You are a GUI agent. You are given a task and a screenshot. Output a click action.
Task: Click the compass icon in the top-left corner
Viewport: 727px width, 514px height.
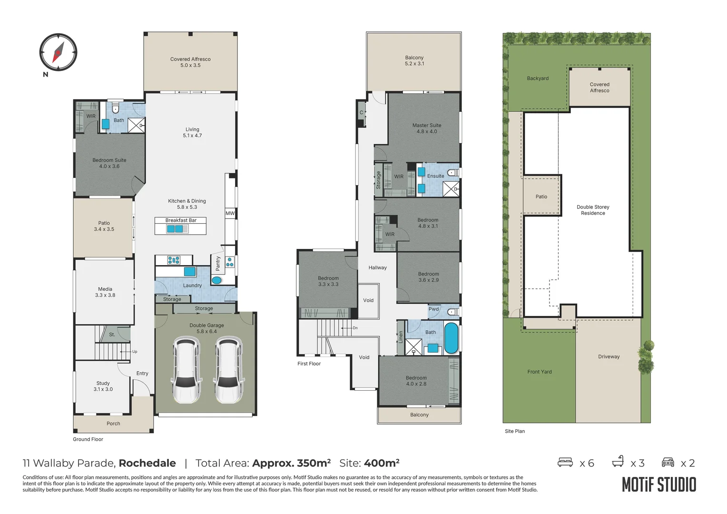58,52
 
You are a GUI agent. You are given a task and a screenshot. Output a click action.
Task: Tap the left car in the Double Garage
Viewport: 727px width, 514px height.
186,370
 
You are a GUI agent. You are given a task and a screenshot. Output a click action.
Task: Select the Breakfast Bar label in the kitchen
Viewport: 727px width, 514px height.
181,220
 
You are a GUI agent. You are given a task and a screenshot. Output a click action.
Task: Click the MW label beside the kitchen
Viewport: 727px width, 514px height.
230,213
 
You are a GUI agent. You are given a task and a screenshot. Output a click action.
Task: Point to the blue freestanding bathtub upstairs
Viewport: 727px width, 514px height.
451,338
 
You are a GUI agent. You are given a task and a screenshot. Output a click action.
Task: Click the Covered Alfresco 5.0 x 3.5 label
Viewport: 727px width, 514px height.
190,62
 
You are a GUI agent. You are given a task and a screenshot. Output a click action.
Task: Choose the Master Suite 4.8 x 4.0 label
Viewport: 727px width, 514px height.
427,128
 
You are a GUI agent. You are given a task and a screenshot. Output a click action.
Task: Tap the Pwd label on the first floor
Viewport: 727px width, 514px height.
433,309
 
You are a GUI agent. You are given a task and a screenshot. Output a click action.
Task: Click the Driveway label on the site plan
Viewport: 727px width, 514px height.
609,356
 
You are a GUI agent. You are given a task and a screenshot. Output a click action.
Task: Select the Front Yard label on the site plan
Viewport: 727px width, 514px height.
540,372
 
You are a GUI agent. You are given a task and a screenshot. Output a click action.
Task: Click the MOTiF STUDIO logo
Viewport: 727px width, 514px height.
659,484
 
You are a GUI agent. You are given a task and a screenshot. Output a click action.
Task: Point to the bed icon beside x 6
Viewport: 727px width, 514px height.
565,463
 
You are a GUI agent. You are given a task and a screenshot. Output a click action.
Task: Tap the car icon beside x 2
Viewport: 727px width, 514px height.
668,462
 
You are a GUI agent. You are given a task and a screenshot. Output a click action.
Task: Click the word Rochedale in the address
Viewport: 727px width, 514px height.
147,463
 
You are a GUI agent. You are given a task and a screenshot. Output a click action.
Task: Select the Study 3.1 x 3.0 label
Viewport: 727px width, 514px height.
103,386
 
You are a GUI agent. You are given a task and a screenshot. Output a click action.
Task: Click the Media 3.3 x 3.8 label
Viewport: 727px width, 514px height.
105,292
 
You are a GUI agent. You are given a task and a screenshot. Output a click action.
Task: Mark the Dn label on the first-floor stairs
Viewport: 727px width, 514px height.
355,328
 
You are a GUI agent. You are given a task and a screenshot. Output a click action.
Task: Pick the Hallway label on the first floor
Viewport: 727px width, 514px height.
377,267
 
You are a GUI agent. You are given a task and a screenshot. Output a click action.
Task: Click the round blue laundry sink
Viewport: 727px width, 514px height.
216,280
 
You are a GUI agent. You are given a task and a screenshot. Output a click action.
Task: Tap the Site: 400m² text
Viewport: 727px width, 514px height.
369,463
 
